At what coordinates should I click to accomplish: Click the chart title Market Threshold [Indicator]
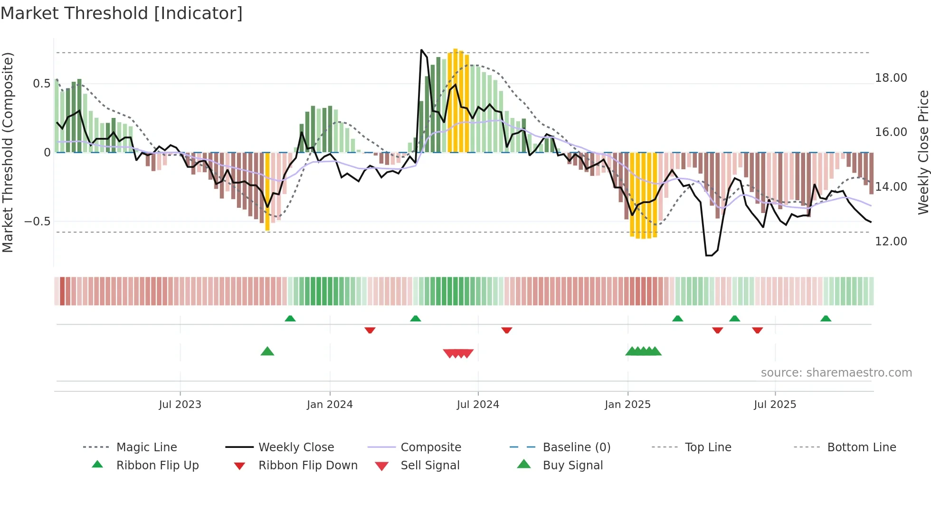(122, 13)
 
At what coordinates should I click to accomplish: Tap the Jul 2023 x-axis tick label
(180, 405)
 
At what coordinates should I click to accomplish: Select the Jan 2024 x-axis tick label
(330, 405)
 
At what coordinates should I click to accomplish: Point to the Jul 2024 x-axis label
(478, 405)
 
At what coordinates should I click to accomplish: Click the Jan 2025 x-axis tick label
(627, 405)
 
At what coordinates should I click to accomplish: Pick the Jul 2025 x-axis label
(775, 405)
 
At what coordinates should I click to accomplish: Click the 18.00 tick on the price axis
(891, 78)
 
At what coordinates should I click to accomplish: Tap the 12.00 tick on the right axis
(891, 242)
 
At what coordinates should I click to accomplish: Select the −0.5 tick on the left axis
(37, 222)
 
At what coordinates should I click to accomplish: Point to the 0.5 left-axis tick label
(41, 84)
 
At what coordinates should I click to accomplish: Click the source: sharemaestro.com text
(836, 373)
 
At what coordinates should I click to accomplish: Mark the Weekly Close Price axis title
(923, 152)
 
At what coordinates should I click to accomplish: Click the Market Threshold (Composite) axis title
(8, 152)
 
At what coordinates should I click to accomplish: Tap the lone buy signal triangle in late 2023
(267, 351)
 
